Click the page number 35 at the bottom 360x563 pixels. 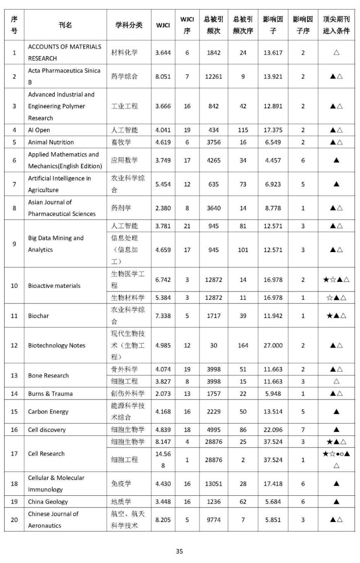point(179,551)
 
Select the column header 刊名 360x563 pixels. point(65,25)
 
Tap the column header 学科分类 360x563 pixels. point(129,25)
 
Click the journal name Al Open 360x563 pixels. point(39,130)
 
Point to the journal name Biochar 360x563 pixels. point(38,316)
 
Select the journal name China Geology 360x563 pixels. point(48,501)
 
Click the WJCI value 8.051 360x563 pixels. point(163,76)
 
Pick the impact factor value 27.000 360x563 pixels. point(273,345)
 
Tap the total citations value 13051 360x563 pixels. point(213,483)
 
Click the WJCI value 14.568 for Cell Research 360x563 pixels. point(163,460)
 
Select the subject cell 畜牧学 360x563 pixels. point(121,142)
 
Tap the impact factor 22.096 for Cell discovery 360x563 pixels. point(273,430)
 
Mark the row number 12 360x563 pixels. point(15,345)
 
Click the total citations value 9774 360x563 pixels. point(213,519)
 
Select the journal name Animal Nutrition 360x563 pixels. point(51,142)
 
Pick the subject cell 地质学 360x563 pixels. point(121,501)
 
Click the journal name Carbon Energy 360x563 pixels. point(48,411)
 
